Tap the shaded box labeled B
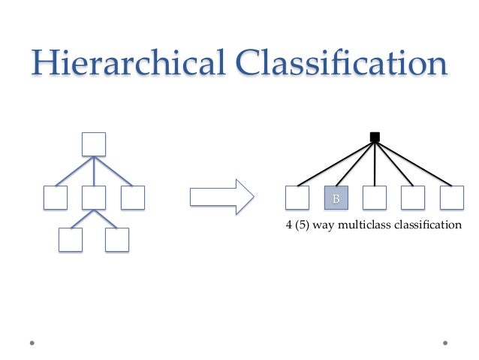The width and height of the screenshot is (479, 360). point(336,198)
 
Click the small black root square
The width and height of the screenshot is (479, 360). point(375,137)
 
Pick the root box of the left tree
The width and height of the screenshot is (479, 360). point(93,144)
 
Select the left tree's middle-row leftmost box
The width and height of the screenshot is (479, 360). point(55,198)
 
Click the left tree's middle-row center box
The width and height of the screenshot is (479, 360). point(93,198)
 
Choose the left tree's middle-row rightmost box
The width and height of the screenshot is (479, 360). point(132,198)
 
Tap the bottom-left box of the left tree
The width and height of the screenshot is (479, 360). point(71,240)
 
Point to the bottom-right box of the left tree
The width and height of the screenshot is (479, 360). point(117,240)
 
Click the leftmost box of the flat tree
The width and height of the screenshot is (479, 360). point(297,198)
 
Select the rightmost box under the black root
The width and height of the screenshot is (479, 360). point(452,198)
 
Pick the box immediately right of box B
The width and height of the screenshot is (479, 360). point(375,198)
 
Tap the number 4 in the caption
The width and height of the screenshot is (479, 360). point(290,224)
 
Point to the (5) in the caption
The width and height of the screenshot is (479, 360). point(303,224)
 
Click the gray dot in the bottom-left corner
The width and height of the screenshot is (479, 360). point(32,343)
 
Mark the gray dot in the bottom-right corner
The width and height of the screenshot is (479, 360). point(445,343)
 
